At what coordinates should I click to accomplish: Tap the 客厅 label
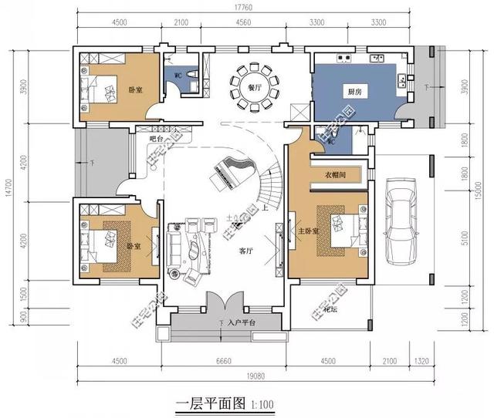[x=246, y=251]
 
